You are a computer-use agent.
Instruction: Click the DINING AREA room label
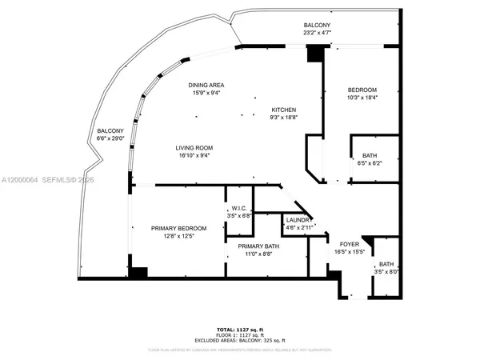pyautogui.click(x=206, y=85)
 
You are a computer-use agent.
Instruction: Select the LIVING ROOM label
pyautogui.click(x=194, y=148)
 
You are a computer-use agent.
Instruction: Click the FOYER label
pyautogui.click(x=350, y=244)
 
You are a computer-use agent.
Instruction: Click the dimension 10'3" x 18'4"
pyautogui.click(x=362, y=98)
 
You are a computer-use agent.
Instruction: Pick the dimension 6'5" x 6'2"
pyautogui.click(x=369, y=164)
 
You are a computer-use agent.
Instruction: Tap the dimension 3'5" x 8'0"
pyautogui.click(x=386, y=272)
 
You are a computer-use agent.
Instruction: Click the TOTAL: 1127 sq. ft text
pyautogui.click(x=239, y=328)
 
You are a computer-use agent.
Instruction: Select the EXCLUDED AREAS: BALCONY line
pyautogui.click(x=239, y=340)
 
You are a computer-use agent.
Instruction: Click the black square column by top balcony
pyautogui.click(x=315, y=53)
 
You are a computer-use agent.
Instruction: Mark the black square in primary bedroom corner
pyautogui.click(x=138, y=273)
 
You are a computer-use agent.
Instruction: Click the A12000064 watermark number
pyautogui.click(x=23, y=182)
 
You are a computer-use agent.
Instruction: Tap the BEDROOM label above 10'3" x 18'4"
pyautogui.click(x=362, y=90)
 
